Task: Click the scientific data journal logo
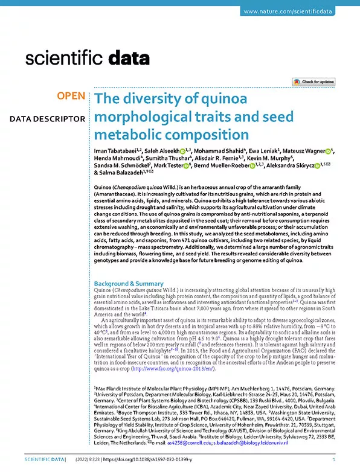pos(87,59)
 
